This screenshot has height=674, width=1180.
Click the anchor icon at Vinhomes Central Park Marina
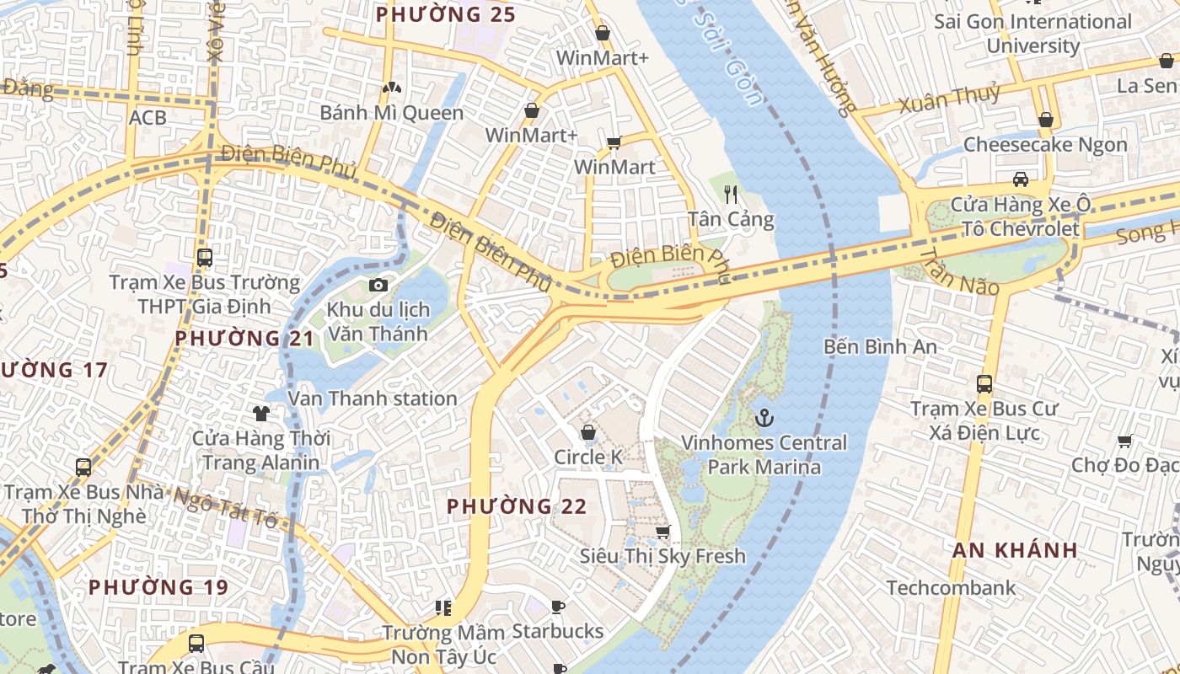tap(764, 417)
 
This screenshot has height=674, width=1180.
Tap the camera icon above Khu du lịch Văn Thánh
tap(378, 286)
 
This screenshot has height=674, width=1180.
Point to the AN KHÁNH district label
tap(1015, 550)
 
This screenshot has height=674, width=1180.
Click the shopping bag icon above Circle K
tap(588, 432)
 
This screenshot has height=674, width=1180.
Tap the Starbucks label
tap(558, 631)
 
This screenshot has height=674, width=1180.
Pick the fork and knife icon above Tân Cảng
tap(731, 195)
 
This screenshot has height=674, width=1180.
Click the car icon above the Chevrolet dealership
tap(1021, 179)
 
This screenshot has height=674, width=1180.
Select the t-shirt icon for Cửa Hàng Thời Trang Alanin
tap(261, 413)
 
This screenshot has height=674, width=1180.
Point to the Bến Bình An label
tap(880, 346)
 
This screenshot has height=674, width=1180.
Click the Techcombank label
tap(951, 587)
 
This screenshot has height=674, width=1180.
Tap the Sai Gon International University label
tap(1032, 34)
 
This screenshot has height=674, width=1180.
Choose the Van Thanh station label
tap(373, 399)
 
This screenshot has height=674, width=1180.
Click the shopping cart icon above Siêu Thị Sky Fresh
tap(662, 532)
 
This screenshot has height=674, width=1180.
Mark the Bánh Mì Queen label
tap(391, 113)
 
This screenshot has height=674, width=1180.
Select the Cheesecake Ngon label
tap(1045, 145)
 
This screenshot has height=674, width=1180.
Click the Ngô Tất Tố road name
tap(225, 507)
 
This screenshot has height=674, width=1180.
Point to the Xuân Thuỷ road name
tap(949, 99)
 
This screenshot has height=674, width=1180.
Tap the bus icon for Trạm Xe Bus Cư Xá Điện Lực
tap(984, 384)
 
